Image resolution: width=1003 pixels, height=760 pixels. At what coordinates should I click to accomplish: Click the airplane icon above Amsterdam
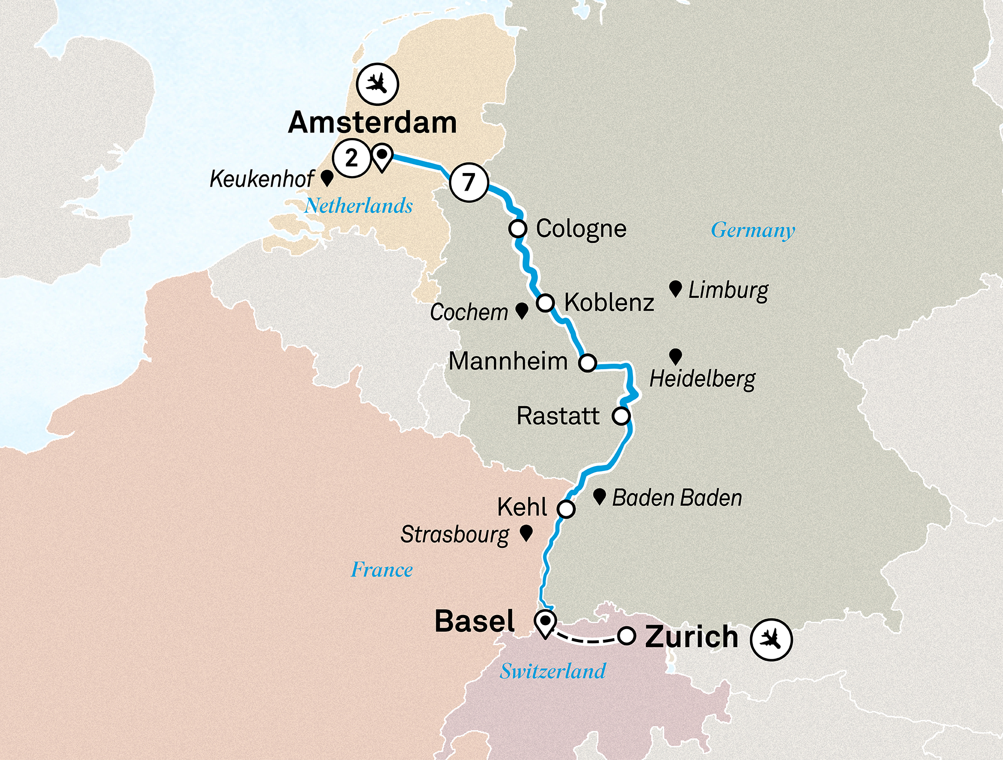pyautogui.click(x=378, y=84)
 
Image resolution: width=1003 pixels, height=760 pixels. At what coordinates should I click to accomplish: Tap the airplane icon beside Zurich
pyautogui.click(x=771, y=639)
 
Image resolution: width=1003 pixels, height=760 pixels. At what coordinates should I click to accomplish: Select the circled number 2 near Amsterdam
pyautogui.click(x=352, y=158)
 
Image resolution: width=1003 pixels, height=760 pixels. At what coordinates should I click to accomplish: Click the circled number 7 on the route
pyautogui.click(x=469, y=182)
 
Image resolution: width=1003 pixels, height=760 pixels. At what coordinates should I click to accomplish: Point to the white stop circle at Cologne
pyautogui.click(x=518, y=229)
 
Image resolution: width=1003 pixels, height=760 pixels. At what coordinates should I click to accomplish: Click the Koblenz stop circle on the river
pyautogui.click(x=545, y=303)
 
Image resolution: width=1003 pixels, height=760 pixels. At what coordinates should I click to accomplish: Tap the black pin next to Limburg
pyautogui.click(x=676, y=288)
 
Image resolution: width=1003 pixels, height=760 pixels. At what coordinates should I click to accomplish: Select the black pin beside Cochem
pyautogui.click(x=522, y=310)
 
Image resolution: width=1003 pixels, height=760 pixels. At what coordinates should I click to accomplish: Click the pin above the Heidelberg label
pyautogui.click(x=676, y=356)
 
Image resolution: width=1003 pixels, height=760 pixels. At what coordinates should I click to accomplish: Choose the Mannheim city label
pyautogui.click(x=508, y=361)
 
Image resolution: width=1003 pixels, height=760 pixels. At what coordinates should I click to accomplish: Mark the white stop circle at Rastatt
pyautogui.click(x=621, y=416)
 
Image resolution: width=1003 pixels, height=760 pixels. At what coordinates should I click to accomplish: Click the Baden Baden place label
pyautogui.click(x=677, y=498)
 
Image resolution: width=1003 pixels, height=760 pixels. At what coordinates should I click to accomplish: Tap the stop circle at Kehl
pyautogui.click(x=566, y=509)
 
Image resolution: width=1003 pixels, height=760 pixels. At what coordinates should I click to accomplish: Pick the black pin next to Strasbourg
pyautogui.click(x=526, y=533)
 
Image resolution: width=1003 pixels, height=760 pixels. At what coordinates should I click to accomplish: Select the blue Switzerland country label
pyautogui.click(x=553, y=671)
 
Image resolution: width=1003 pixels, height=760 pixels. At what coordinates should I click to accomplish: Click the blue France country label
pyautogui.click(x=382, y=570)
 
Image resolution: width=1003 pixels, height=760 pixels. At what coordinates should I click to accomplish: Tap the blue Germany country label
pyautogui.click(x=753, y=230)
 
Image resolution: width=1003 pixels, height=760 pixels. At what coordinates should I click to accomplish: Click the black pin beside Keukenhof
pyautogui.click(x=327, y=177)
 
